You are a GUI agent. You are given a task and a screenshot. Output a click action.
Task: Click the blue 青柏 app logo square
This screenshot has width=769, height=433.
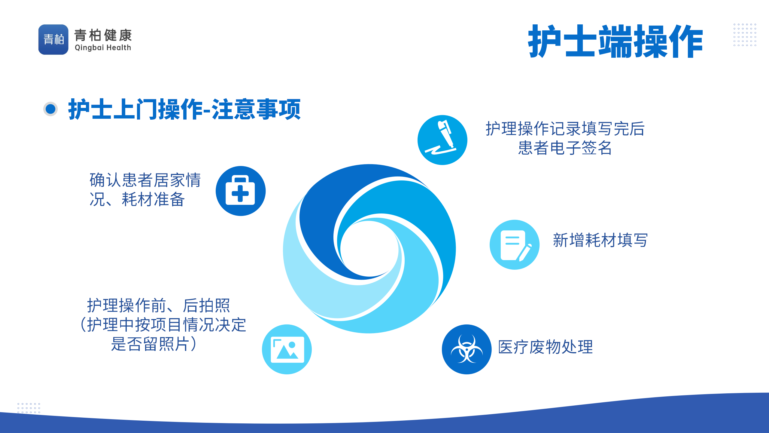(53, 39)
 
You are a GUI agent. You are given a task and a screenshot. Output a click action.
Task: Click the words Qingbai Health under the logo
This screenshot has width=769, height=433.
(103, 48)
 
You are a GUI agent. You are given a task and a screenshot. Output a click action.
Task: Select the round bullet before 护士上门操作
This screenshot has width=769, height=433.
(50, 109)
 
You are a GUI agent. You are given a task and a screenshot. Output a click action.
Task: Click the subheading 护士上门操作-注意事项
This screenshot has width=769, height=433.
(184, 109)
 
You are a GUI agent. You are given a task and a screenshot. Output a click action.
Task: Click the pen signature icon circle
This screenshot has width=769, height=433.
(442, 140)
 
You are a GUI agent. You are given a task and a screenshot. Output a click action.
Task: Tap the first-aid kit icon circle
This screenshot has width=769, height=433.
(241, 191)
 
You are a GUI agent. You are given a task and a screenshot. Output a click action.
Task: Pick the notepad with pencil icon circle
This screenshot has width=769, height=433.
(515, 245)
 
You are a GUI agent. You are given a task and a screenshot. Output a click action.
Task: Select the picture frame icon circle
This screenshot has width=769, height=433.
(287, 349)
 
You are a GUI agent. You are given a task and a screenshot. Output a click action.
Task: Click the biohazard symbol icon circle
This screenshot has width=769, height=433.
(467, 349)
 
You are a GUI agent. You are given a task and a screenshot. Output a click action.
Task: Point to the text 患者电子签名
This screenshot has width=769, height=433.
(565, 148)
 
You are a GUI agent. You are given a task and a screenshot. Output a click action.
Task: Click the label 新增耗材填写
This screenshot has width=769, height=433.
(600, 240)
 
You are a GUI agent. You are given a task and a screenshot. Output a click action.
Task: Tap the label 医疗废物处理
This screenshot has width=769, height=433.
(546, 347)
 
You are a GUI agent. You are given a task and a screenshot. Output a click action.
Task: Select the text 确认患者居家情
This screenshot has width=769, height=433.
(145, 180)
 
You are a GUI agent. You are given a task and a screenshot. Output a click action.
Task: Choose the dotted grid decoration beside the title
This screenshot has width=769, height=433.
(745, 35)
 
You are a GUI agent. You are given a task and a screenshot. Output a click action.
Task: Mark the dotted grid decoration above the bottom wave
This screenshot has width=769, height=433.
(29, 408)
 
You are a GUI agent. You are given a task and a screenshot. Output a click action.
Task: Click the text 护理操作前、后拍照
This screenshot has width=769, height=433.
(159, 306)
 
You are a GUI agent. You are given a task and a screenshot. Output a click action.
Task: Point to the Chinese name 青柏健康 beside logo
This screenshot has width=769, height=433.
(103, 35)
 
